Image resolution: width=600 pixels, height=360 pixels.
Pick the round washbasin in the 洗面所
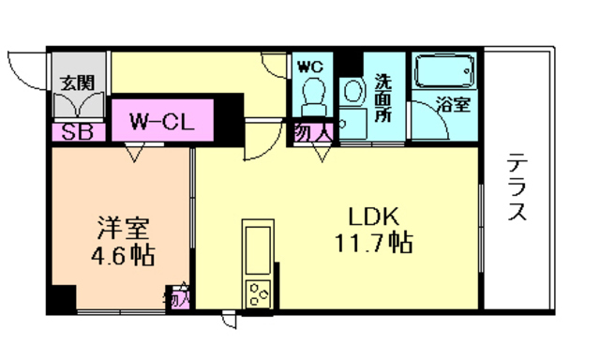tap(352, 91)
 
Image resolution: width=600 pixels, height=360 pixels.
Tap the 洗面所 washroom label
tap(383, 96)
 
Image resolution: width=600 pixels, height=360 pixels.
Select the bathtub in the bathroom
tap(444, 71)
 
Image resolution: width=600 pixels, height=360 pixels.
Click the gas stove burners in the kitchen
tap(257, 294)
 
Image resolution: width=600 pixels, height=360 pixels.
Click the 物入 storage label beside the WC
tap(314, 132)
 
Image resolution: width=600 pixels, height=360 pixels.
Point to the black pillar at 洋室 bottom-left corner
tap(62, 300)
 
